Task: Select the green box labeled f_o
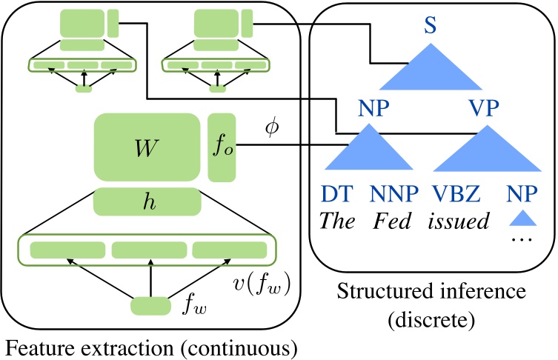222,147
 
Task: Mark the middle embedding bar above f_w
149,250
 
